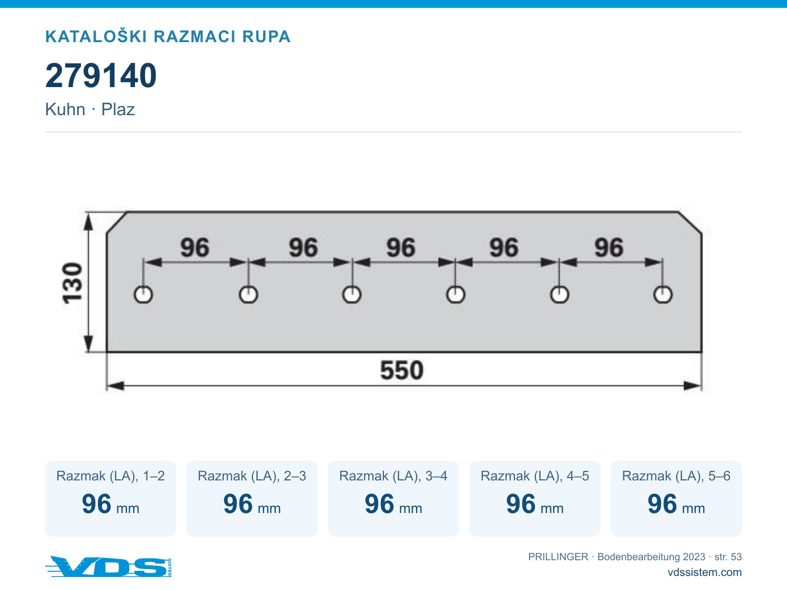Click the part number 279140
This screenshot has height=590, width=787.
tap(101, 75)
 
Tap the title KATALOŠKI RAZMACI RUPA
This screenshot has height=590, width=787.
tap(168, 37)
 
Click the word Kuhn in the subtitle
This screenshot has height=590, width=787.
tap(65, 109)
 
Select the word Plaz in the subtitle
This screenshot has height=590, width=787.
tap(118, 109)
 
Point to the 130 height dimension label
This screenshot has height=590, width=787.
tap(73, 283)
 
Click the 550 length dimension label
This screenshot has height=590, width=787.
tap(401, 370)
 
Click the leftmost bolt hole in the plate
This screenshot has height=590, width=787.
tap(143, 295)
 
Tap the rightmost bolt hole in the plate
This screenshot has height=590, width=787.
tap(663, 295)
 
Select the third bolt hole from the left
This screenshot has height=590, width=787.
tap(352, 295)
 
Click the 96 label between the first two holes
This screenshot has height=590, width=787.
tap(195, 248)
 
